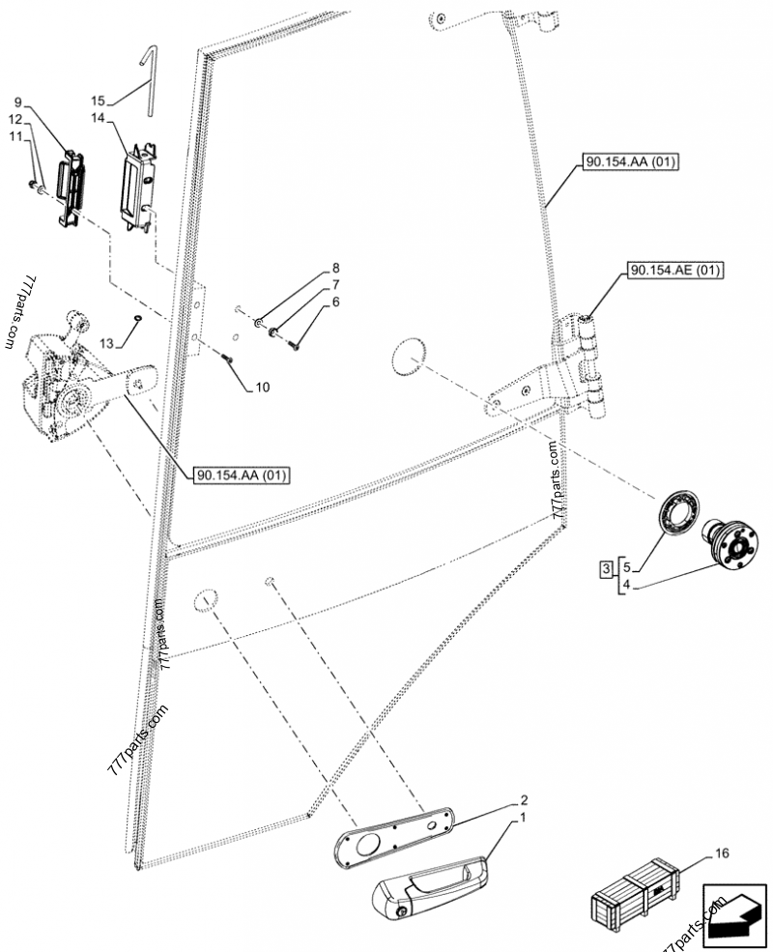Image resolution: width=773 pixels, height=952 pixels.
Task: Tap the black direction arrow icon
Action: pyautogui.click(x=734, y=913)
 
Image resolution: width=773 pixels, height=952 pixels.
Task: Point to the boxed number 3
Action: pyautogui.click(x=604, y=569)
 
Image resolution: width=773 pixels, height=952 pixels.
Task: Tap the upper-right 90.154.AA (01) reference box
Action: pyautogui.click(x=631, y=162)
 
